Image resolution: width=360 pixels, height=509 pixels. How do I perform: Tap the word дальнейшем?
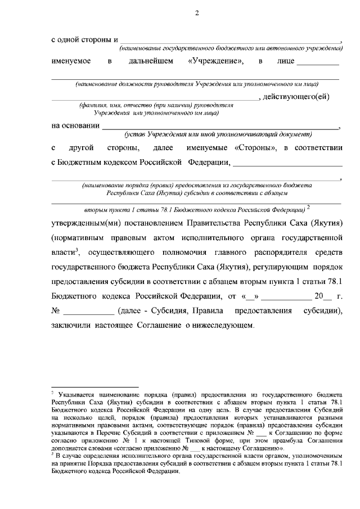[x=150, y=60]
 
